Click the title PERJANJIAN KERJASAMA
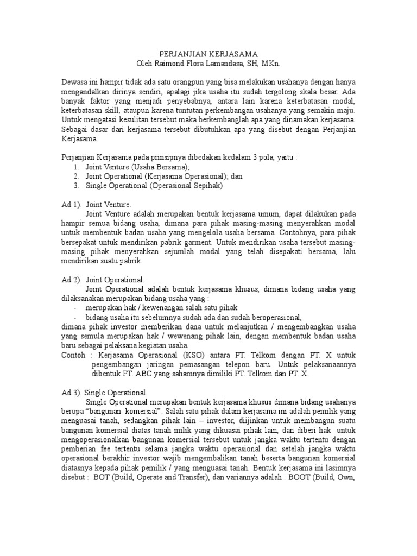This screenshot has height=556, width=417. point(208,54)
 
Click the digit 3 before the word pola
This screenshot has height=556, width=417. point(254,157)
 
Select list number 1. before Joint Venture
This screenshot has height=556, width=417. point(76,167)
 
